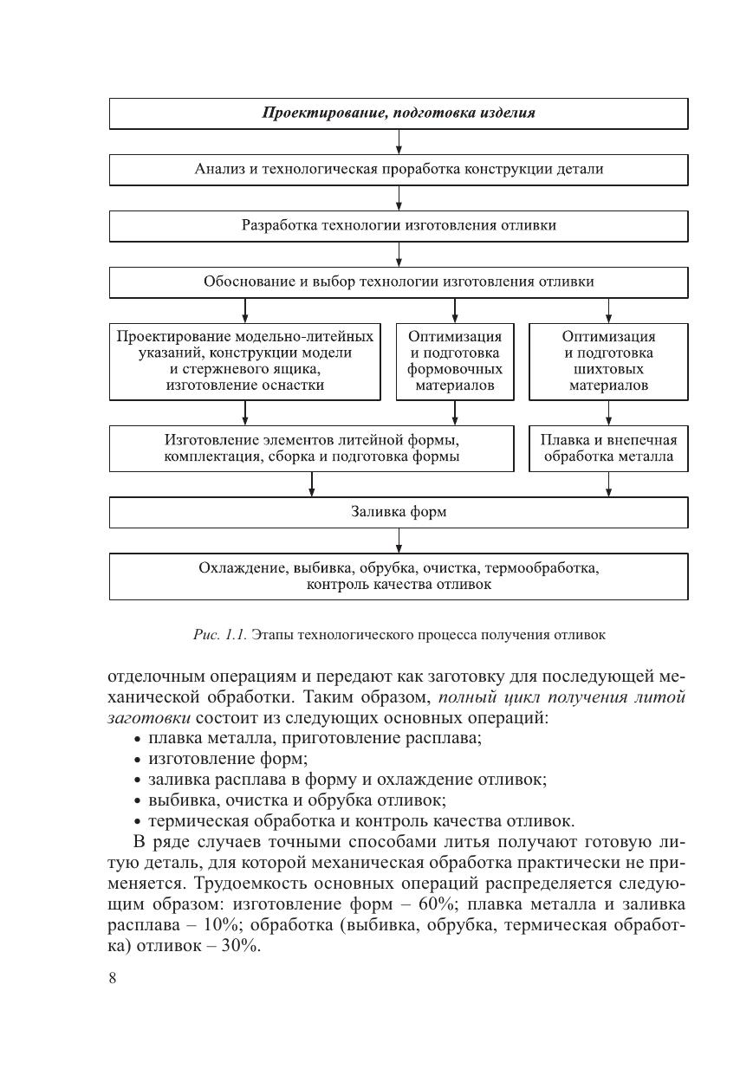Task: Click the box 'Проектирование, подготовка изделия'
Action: [399, 113]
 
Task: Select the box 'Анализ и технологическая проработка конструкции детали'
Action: [399, 170]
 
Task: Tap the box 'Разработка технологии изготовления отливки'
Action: [399, 226]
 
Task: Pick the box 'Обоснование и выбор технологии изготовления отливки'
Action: [399, 282]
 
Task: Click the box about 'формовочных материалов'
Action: [455, 361]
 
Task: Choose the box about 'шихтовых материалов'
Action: [608, 361]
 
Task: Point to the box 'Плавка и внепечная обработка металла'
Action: [608, 448]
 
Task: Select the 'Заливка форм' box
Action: [399, 512]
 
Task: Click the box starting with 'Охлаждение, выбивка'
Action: [399, 576]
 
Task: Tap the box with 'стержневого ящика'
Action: [244, 361]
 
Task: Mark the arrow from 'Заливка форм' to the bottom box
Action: [399, 541]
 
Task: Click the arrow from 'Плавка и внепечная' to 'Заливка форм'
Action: [608, 484]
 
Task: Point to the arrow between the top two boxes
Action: [399, 142]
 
